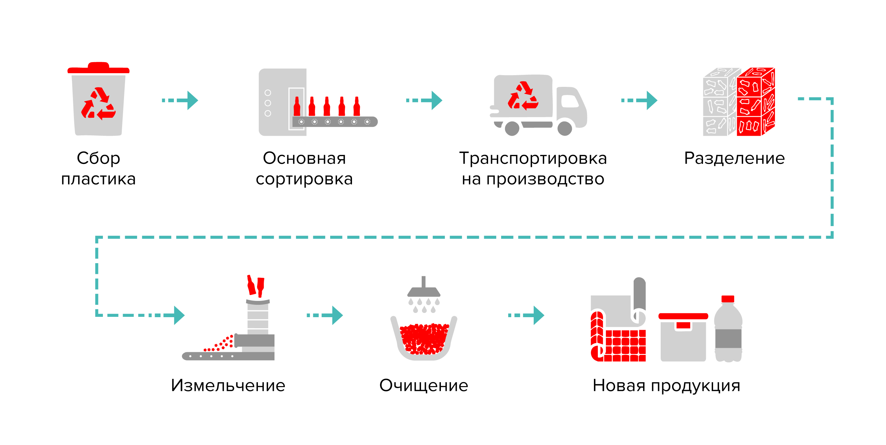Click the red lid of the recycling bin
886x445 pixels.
click(98, 68)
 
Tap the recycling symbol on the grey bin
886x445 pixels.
click(98, 104)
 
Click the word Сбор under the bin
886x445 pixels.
click(98, 158)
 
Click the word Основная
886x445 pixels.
click(304, 158)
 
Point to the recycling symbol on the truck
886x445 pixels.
click(523, 96)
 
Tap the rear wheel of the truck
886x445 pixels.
click(512, 128)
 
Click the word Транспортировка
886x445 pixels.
click(533, 158)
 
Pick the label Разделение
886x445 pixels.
click(734, 158)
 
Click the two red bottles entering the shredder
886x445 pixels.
click(256, 285)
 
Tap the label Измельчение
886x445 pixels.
click(228, 385)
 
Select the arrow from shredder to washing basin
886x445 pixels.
click(325, 315)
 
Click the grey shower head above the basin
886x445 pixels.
click(424, 291)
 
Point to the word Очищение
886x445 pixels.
click(423, 385)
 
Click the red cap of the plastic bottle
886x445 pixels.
click(728, 299)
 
